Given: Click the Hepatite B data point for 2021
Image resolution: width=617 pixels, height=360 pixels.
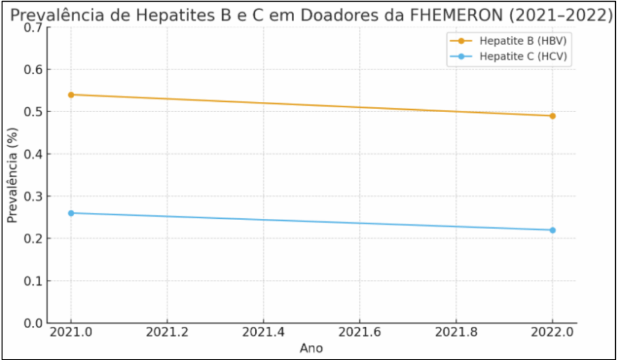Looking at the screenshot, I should pos(71,95).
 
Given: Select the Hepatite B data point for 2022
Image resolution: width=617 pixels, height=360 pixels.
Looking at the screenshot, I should pos(553,116).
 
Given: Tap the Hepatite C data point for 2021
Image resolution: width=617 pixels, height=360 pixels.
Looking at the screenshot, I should pos(71,213).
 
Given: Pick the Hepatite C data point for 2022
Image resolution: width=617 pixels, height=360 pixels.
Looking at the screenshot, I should pos(553,230).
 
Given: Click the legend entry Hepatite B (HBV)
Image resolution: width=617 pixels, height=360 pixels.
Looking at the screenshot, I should pos(524,41).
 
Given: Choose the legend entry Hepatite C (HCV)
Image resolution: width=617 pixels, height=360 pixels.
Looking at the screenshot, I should pos(524,56).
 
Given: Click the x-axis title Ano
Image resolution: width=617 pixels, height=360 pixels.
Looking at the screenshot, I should pos(312,348).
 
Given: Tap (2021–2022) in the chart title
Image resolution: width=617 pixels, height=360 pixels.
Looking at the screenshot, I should pos(561,14).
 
